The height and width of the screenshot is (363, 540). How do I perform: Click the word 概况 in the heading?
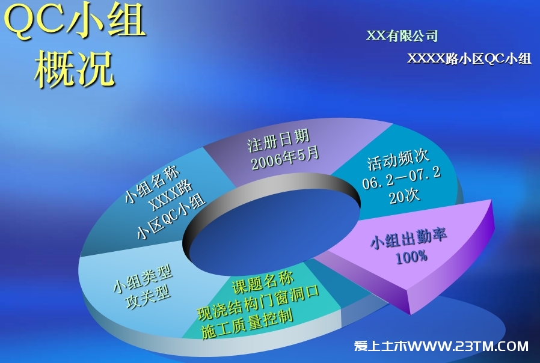pos(74,69)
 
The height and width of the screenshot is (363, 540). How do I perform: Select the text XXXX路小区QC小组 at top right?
pos(469,58)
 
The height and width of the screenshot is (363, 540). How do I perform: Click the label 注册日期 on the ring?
pos(278,141)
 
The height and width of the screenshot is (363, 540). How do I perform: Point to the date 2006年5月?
pos(285,158)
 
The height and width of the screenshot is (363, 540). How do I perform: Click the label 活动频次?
pos(397,159)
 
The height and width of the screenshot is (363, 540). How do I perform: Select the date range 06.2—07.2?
pos(402,178)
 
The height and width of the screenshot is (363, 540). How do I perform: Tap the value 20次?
pos(405,196)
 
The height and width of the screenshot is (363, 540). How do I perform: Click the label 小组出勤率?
pos(408,237)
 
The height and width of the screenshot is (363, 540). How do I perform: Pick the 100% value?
pos(411,257)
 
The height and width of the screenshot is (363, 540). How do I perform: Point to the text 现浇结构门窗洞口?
pos(259,303)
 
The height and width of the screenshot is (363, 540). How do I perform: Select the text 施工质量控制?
pos(247,323)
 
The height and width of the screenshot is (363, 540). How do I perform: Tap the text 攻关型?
pos(148,297)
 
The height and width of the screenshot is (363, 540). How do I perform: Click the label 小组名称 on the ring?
pos(152,185)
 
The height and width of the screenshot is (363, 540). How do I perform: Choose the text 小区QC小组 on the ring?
pos(171,217)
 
